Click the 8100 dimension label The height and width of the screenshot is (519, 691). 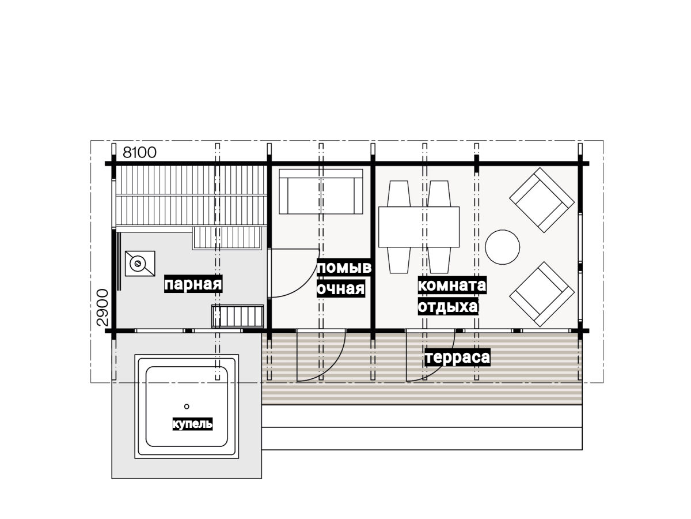pos(139,153)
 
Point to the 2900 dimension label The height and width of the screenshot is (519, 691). pos(102,307)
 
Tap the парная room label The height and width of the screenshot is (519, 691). pos(193,284)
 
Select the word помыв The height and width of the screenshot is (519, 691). pos(344,268)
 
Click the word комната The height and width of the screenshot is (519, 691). pos(452,285)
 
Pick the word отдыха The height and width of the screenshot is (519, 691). pos(448,306)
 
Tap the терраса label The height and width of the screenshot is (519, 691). pos(457,357)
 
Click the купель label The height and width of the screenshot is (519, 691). pos(192,424)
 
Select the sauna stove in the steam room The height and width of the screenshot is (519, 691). pos(140,264)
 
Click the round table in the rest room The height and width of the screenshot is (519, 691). pos(502,247)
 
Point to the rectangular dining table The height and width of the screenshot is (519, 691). pos(419,227)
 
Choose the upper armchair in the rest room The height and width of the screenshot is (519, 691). pos(542,200)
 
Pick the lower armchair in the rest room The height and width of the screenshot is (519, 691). pos(542,294)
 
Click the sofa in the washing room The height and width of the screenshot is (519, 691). pos(321,191)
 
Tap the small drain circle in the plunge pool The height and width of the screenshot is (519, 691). pos(187,407)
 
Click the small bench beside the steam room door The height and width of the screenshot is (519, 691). pos(238,316)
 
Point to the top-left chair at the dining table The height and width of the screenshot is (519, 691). pos(399,194)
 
